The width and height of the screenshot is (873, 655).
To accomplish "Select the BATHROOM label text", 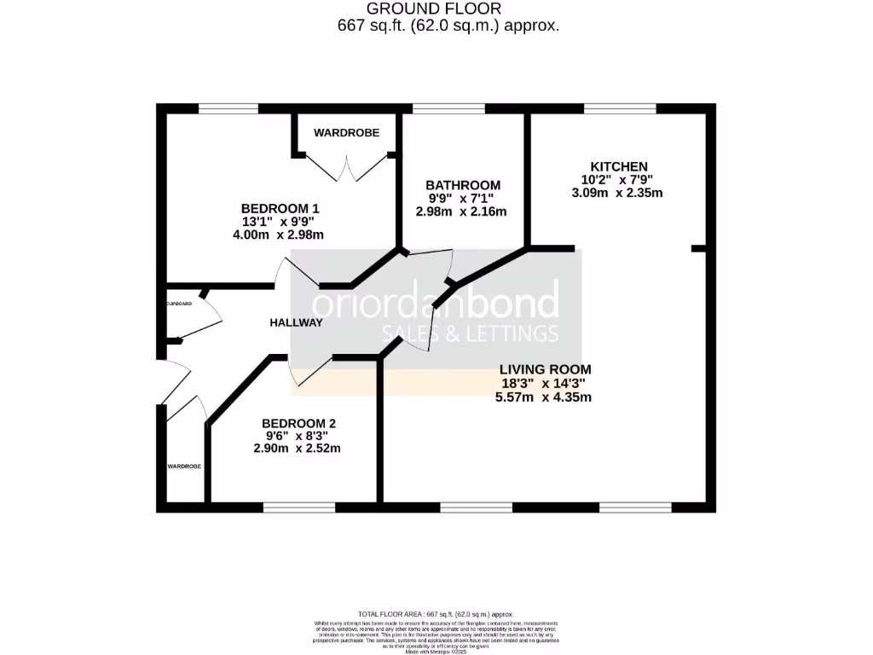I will (x=463, y=185).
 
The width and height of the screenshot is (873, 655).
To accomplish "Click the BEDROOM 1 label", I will (x=280, y=208).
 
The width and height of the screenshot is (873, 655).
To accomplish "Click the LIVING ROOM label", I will (x=546, y=369).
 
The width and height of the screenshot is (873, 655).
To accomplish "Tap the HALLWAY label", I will (x=296, y=322).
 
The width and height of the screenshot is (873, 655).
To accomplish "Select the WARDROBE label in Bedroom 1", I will (x=346, y=133).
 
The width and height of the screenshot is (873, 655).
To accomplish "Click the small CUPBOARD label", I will (x=179, y=304).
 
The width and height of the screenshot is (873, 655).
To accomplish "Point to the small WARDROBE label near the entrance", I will (x=184, y=467).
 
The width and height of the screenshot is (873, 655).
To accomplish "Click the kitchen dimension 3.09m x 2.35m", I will (x=617, y=193).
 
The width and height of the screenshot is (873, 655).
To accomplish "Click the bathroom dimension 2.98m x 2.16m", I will (x=461, y=212).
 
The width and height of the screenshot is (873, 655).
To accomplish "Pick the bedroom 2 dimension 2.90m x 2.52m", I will (x=297, y=449).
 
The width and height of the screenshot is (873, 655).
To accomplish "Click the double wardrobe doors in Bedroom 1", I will (x=346, y=167).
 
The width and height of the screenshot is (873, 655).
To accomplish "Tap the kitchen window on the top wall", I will (x=620, y=108).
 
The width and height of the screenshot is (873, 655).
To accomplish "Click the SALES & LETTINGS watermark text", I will (x=470, y=333).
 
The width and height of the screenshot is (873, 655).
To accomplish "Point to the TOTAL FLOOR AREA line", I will (x=436, y=614).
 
